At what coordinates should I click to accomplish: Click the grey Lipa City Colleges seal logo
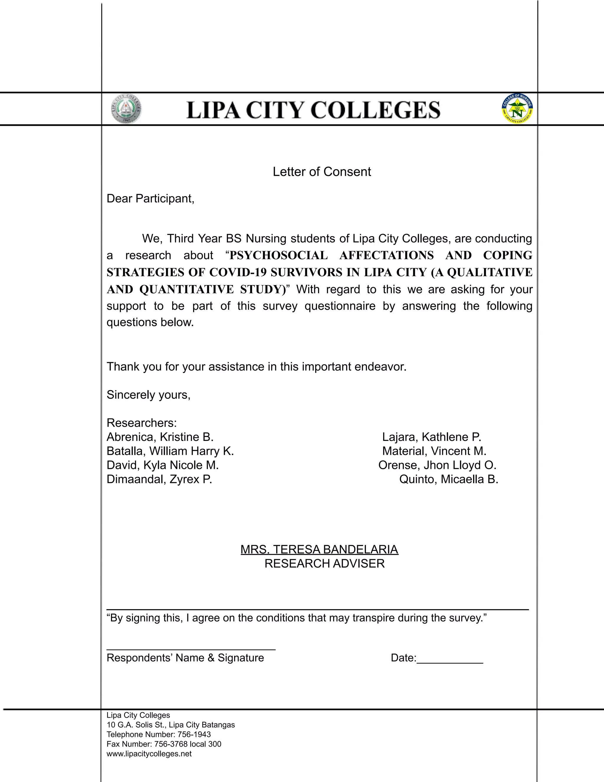click(126, 109)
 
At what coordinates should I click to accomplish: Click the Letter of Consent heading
click(322, 172)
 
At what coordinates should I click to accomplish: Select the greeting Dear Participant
click(150, 198)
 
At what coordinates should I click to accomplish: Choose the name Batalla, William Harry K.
click(170, 451)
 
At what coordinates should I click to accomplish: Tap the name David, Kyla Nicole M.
click(163, 465)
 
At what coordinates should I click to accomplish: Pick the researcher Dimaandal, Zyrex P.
click(159, 479)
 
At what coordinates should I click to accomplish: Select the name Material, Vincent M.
click(434, 451)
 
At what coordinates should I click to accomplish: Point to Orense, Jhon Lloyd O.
click(437, 465)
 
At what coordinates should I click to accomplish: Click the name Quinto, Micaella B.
click(449, 479)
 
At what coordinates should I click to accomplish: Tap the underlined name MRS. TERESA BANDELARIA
click(319, 549)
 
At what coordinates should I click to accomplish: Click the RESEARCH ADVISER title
click(324, 564)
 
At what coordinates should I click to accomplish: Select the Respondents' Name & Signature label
click(185, 658)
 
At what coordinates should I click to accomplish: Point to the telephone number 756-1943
click(194, 734)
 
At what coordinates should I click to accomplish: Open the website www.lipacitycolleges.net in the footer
click(149, 754)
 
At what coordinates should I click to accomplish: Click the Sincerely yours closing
click(149, 395)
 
